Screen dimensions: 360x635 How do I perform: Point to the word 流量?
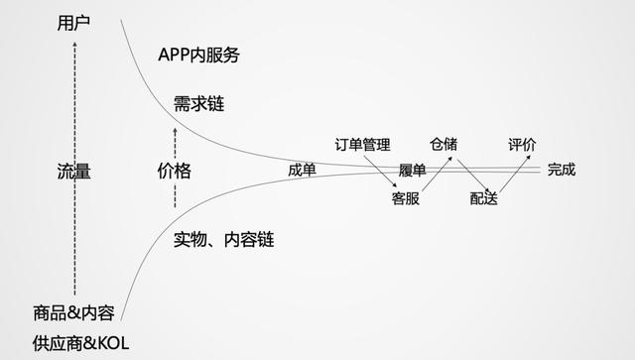73,171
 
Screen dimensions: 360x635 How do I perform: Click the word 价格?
175,171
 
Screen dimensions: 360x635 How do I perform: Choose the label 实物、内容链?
223,239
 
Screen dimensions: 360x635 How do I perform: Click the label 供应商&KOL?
80,344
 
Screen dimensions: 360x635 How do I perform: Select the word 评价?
522,145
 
